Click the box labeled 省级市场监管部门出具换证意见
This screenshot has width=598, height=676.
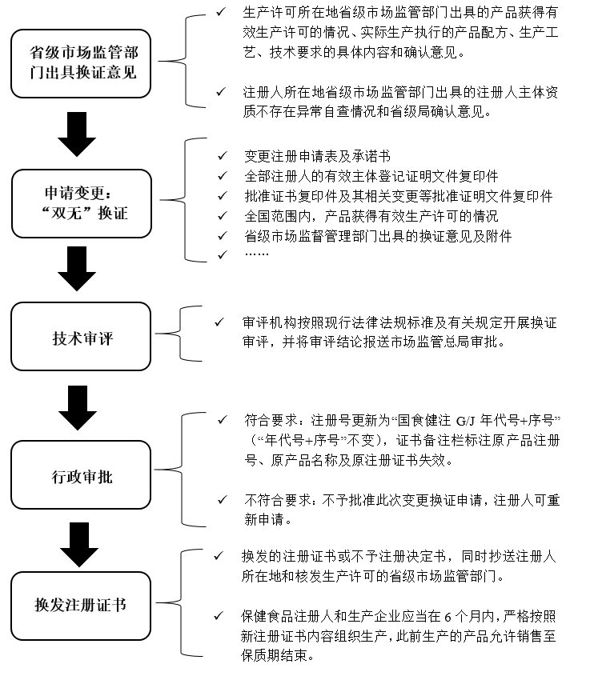81,64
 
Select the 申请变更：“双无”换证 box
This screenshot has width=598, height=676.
81,203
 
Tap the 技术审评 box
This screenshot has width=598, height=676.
81,336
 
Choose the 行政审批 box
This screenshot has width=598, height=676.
81,475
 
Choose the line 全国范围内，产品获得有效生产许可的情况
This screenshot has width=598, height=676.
371,216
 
